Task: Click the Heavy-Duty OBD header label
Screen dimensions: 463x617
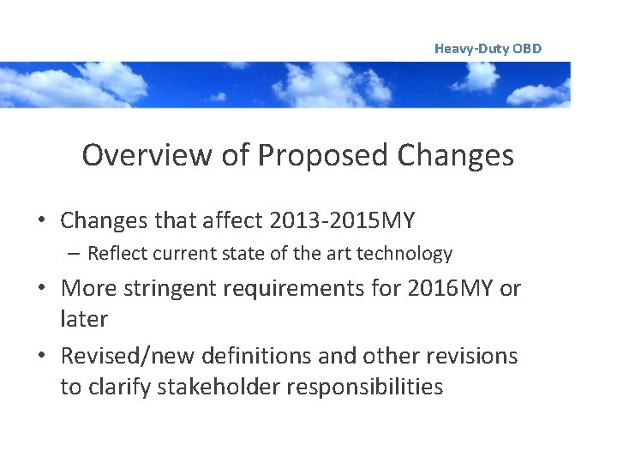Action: coord(488,49)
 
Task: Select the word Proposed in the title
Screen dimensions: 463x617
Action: coord(323,155)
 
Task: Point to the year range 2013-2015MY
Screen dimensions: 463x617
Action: coord(341,220)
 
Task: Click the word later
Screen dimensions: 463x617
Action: coord(84,319)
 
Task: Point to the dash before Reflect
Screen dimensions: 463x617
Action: coord(75,254)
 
